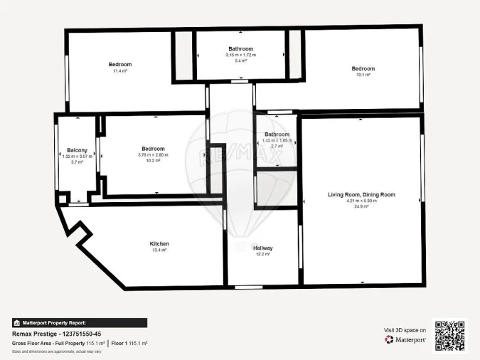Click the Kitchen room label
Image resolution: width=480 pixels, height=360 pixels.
coord(159,244)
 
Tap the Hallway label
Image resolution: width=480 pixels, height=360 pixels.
coord(263,248)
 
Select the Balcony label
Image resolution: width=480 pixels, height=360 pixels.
coord(77,150)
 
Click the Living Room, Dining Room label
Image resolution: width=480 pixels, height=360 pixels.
coord(361,194)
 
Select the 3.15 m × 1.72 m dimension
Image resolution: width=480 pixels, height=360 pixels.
coord(241,55)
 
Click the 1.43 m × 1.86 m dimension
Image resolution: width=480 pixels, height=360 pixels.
coord(277,140)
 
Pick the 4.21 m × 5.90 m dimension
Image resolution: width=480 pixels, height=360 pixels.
coord(361,201)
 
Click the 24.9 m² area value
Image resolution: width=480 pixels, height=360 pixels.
coord(361,207)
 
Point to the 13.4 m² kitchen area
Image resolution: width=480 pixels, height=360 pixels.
coord(159,250)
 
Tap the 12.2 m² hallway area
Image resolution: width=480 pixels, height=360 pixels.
coord(263,254)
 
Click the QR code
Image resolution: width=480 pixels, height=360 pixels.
coord(449,336)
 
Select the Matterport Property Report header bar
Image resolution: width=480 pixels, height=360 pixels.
coord(80,322)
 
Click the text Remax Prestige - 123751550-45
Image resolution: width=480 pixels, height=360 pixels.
coord(57,333)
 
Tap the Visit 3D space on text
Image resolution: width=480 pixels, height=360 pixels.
coord(405,330)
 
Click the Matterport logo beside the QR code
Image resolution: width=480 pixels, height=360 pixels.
coord(406,340)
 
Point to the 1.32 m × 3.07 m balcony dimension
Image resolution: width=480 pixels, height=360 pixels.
coord(77,157)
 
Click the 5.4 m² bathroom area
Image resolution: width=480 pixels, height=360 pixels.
coord(241,61)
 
